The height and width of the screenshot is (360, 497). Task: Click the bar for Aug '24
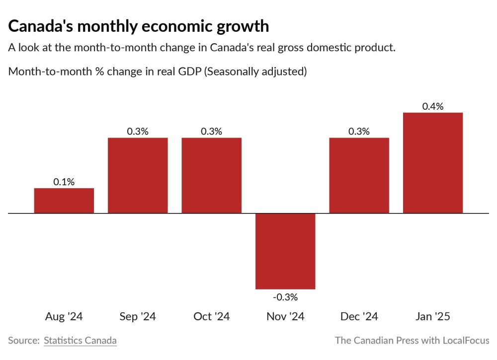pos(64,201)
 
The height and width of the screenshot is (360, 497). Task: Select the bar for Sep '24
pos(138,175)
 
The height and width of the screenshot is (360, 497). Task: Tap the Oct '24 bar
pos(211,175)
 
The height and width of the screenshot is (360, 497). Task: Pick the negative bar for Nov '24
pos(285,251)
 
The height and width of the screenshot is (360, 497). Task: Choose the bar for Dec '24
pos(359,175)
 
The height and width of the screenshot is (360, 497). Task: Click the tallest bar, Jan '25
pos(433,163)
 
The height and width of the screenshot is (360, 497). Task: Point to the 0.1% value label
pos(64,182)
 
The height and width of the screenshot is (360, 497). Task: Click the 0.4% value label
pos(433,106)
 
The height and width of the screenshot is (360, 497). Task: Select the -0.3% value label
pos(285,297)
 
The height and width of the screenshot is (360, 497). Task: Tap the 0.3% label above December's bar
pos(359,132)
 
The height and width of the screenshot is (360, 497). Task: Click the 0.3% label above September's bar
pos(138,132)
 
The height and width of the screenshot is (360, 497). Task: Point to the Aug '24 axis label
pos(64,317)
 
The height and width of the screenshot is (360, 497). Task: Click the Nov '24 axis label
pos(285,317)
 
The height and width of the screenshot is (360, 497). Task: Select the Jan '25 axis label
pos(433,317)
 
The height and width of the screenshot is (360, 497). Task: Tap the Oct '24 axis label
pos(211,317)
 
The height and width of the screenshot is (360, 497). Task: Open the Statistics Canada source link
pos(80,341)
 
